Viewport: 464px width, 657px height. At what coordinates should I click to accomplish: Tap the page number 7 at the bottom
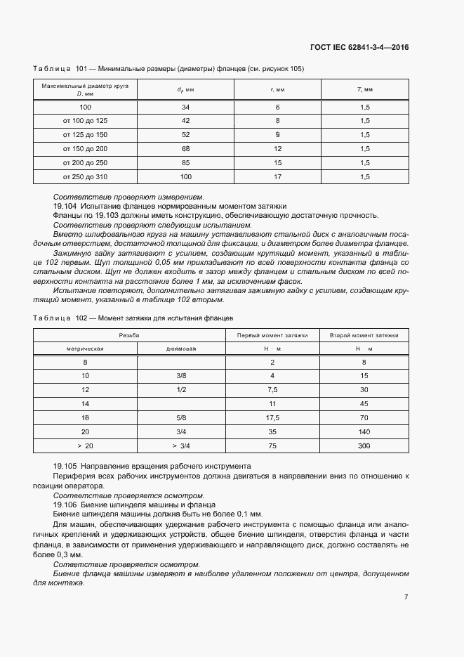406,597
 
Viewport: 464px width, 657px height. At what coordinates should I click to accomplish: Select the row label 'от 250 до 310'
85,176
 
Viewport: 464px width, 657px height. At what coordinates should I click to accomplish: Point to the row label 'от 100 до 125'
85,121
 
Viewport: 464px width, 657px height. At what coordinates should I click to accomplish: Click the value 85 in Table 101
185,162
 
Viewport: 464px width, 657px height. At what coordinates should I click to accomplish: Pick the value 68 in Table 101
185,148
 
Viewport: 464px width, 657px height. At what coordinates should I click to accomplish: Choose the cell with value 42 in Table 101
185,121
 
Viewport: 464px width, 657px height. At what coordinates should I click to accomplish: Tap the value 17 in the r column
277,176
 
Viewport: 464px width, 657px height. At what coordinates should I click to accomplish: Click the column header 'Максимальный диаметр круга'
85,85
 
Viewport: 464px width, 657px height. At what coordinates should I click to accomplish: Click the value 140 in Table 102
364,431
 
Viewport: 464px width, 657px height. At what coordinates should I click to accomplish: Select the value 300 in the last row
364,445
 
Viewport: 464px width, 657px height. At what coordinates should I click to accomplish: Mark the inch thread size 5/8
181,417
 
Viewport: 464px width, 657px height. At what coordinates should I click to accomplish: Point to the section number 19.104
65,207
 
